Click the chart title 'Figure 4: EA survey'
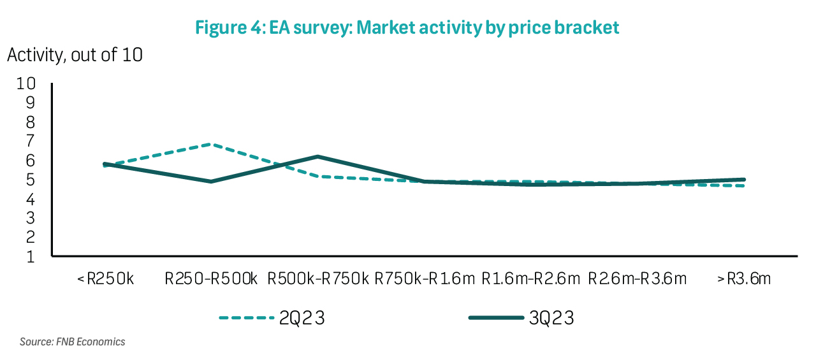click(x=407, y=28)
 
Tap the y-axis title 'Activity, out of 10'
click(x=75, y=55)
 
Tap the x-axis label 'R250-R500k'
click(x=211, y=279)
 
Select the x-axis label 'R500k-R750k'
click(x=317, y=279)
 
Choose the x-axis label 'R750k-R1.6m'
click(x=425, y=279)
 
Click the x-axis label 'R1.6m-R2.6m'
click(x=530, y=279)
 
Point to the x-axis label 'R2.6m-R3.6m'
click(x=637, y=279)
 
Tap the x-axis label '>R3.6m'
click(x=743, y=279)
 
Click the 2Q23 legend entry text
click(x=302, y=318)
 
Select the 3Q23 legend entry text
click(x=551, y=318)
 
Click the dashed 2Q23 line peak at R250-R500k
click(x=211, y=145)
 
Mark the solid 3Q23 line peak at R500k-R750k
click(x=317, y=157)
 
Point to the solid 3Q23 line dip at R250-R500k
click(x=211, y=182)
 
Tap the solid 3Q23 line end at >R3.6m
click(x=743, y=180)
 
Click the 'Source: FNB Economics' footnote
click(x=72, y=342)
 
